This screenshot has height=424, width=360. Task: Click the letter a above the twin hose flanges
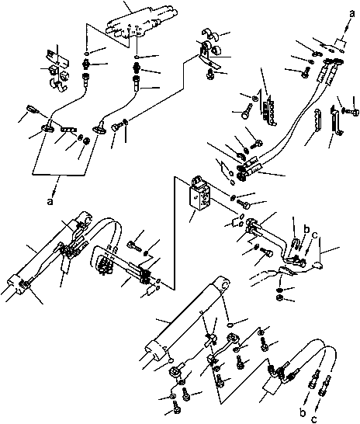click(x=351, y=13)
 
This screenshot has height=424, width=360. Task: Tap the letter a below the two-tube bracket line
click(x=50, y=201)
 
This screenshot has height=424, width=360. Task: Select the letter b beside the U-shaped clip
click(x=306, y=230)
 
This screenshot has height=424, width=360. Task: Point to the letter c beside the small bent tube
click(x=314, y=235)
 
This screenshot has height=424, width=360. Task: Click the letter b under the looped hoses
click(x=303, y=413)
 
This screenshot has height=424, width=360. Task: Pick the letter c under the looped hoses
click(x=314, y=419)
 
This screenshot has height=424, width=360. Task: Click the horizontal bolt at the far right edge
click(x=352, y=111)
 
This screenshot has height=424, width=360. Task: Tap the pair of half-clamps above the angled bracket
click(x=212, y=33)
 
